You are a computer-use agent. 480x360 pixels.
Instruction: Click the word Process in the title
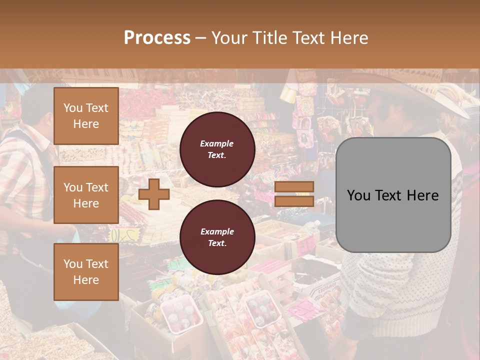coord(157,38)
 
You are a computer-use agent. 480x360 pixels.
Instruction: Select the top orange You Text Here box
coord(86,116)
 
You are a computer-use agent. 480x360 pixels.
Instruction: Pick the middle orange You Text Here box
coord(86,195)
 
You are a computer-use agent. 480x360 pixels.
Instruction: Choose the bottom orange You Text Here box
coord(86,271)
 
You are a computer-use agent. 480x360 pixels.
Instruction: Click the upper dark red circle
coord(217,149)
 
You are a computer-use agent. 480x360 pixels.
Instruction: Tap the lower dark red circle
coord(217,237)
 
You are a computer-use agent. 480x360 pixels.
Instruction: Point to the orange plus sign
coord(154,194)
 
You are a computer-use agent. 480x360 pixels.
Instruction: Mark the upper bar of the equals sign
coord(294,186)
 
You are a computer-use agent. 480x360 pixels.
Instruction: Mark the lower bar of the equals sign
coord(294,201)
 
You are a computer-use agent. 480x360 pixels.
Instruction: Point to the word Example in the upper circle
coord(216,143)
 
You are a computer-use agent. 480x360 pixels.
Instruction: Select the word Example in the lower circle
coord(216,231)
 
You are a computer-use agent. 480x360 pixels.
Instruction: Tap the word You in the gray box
coord(358,195)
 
